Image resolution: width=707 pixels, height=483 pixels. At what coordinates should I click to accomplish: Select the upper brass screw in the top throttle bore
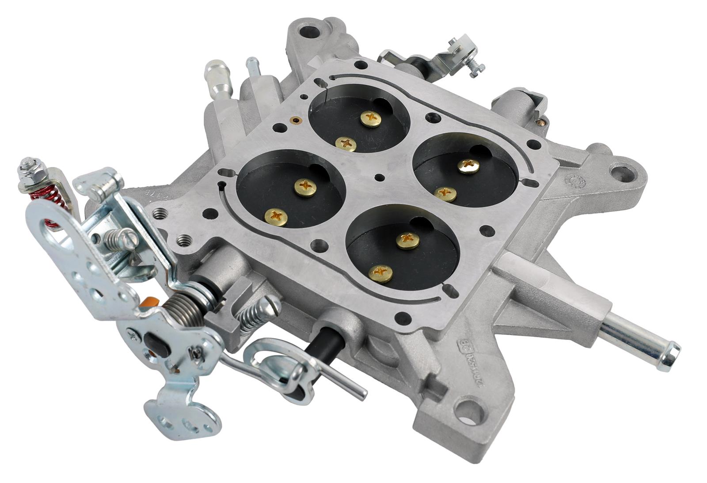370,118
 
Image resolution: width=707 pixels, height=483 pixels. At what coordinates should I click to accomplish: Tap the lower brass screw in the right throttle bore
445,193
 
